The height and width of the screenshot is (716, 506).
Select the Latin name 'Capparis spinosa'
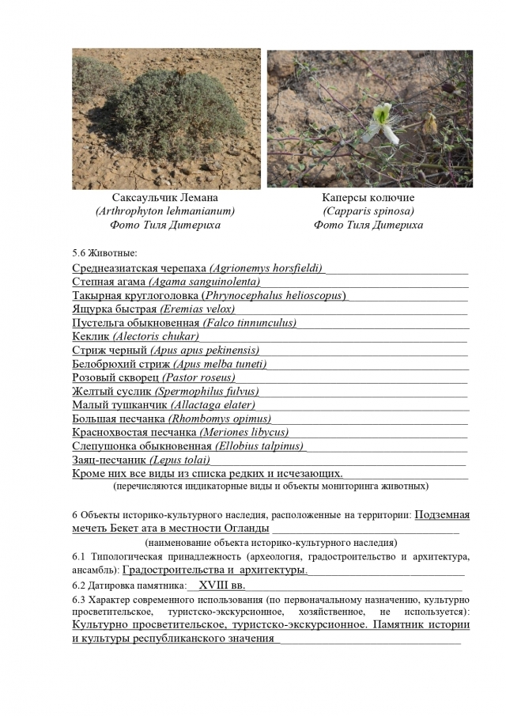click(368, 211)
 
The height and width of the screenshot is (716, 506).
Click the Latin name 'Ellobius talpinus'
click(259, 446)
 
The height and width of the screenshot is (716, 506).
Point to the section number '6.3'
click(80, 600)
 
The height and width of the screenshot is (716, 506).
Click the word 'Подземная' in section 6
click(442, 515)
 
